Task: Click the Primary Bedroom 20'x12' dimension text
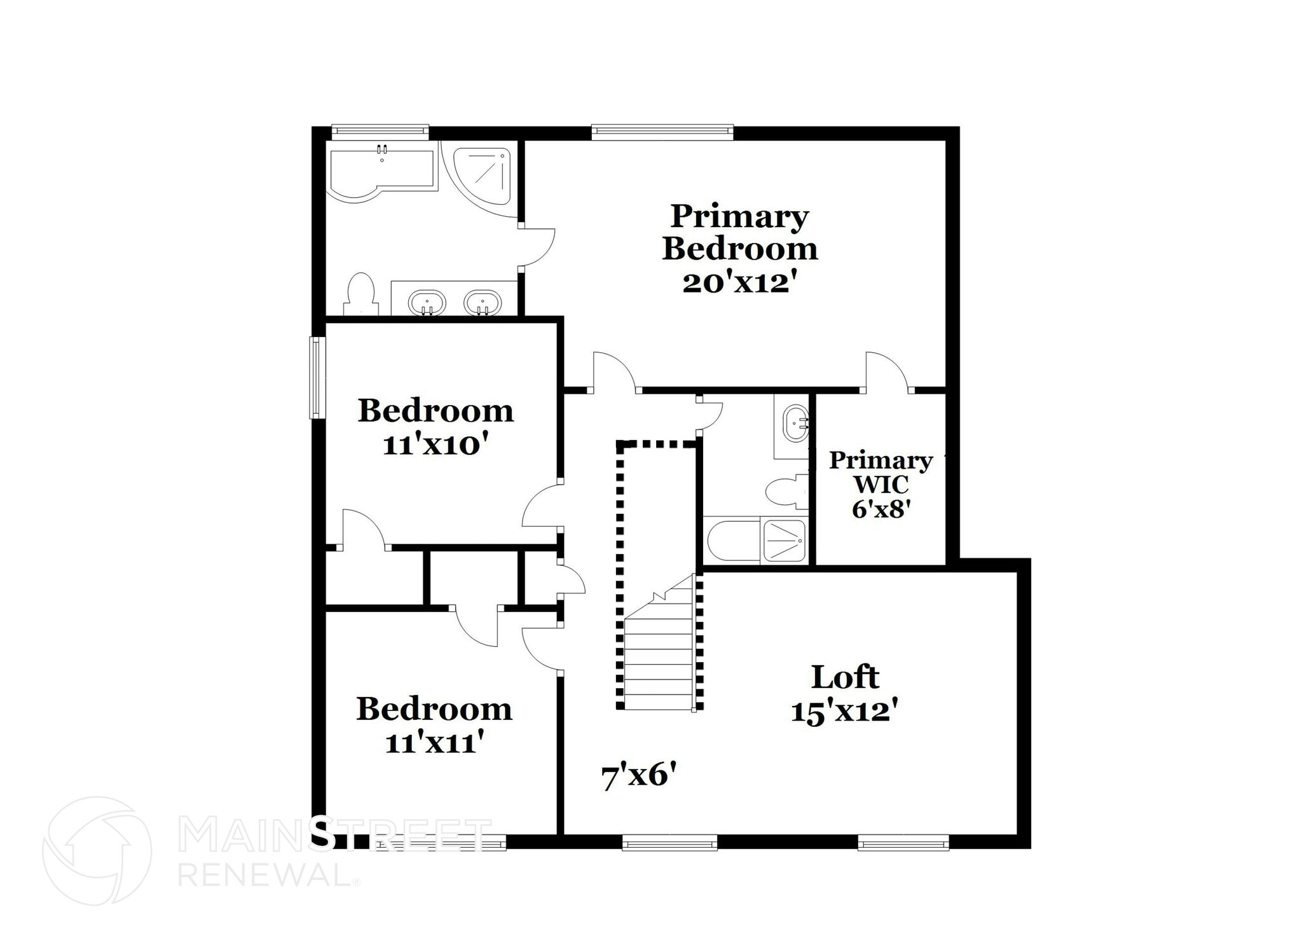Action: pyautogui.click(x=739, y=283)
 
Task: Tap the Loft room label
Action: pyautogui.click(x=845, y=677)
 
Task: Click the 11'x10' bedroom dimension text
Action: pyautogui.click(x=438, y=445)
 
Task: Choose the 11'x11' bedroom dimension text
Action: pyautogui.click(x=435, y=743)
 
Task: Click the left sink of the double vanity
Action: pyautogui.click(x=426, y=302)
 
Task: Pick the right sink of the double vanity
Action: pyautogui.click(x=483, y=302)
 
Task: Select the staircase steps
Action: pyautogui.click(x=659, y=655)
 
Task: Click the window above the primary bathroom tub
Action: pyautogui.click(x=380, y=132)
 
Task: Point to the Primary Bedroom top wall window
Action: pyautogui.click(x=662, y=132)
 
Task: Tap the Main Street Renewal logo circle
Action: pyautogui.click(x=97, y=850)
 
